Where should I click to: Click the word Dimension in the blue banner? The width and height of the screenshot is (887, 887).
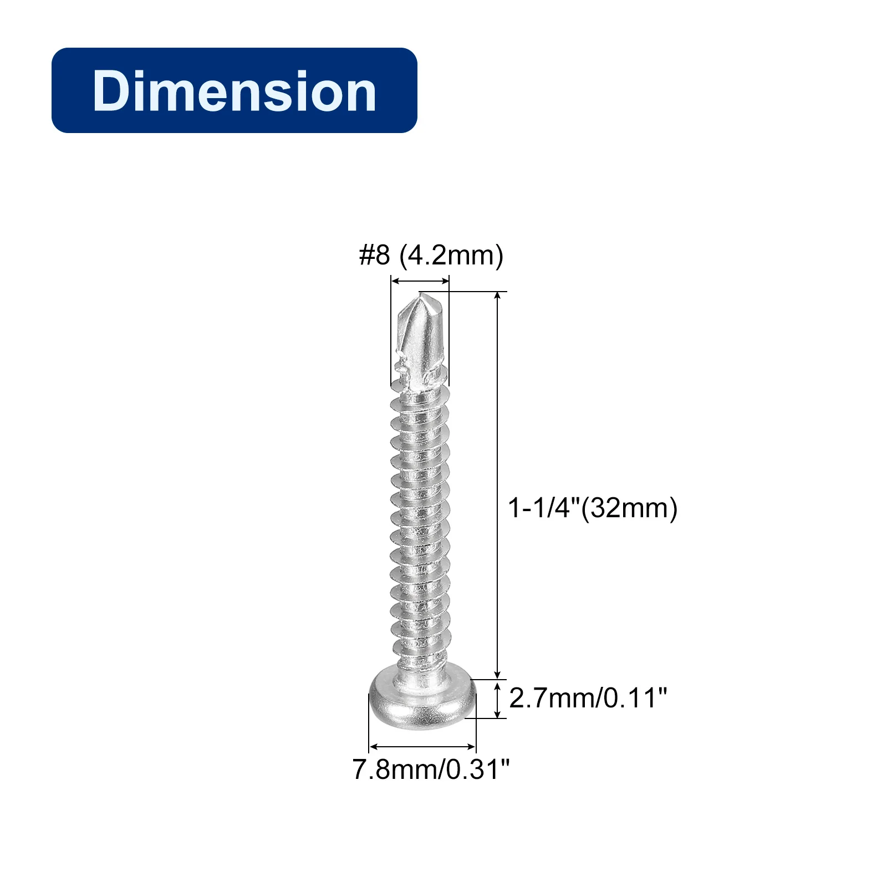point(235,91)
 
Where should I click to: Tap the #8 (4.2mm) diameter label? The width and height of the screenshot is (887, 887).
point(431,256)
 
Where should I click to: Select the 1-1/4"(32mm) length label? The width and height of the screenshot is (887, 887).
point(593,508)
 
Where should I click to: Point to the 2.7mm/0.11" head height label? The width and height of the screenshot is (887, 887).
point(588,697)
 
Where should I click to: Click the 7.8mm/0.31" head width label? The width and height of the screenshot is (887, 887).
point(431,769)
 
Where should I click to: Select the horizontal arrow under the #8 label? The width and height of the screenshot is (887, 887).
point(420,282)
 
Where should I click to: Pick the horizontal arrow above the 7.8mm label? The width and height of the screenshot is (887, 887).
point(422,747)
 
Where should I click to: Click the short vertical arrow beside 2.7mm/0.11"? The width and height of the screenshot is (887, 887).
point(498,699)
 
